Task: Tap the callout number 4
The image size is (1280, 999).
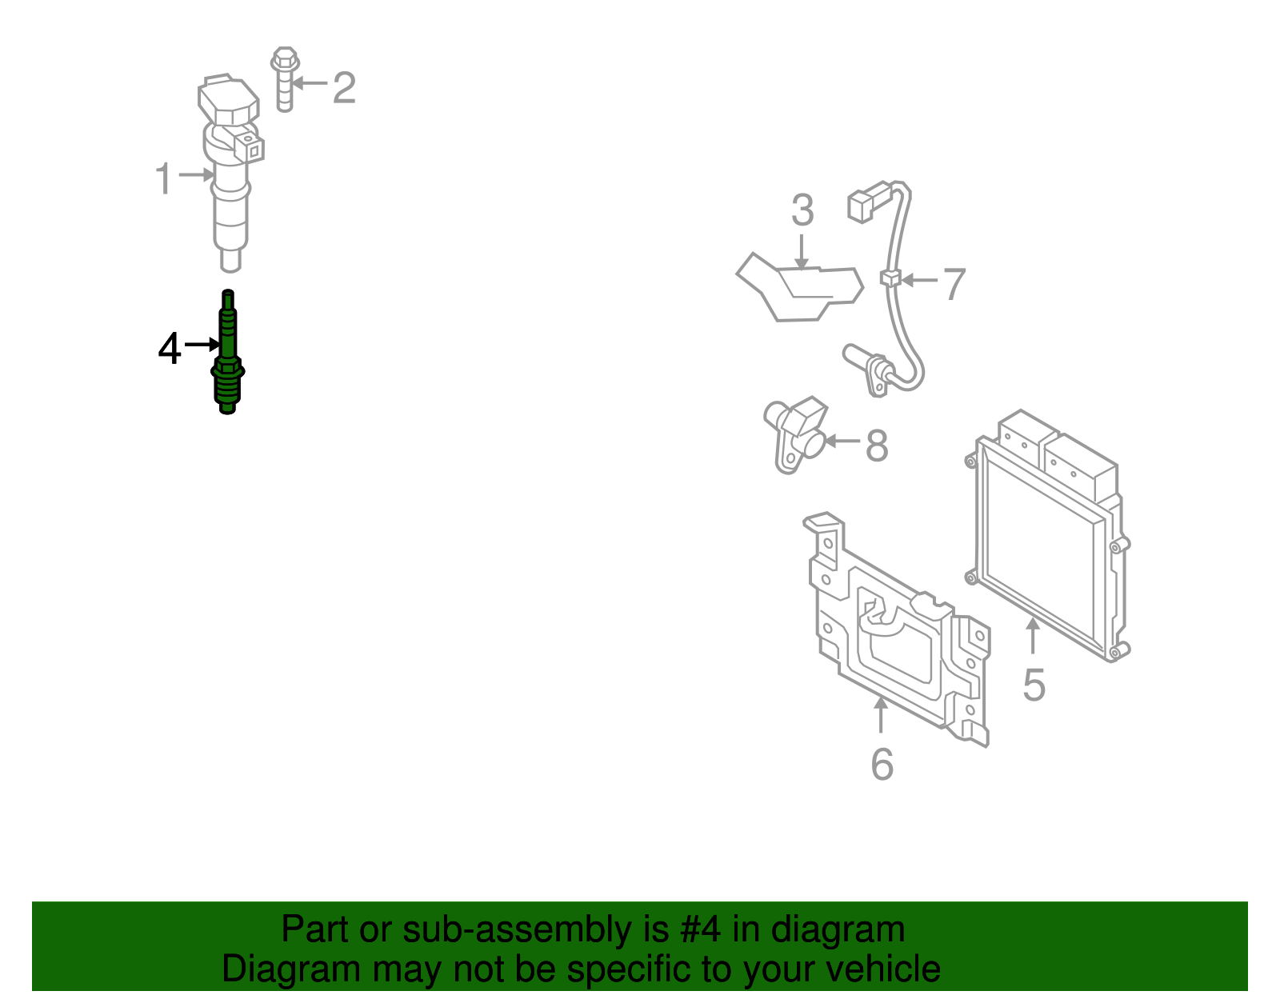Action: pyautogui.click(x=170, y=349)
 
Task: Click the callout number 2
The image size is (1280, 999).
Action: pyautogui.click(x=344, y=87)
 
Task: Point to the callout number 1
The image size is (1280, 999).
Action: pyautogui.click(x=163, y=178)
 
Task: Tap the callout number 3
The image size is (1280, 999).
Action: pyautogui.click(x=802, y=210)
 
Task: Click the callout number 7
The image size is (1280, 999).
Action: pyautogui.click(x=954, y=284)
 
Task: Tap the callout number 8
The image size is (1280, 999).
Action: pyautogui.click(x=877, y=446)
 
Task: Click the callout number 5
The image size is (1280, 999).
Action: pyautogui.click(x=1034, y=685)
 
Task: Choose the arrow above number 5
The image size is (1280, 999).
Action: pyautogui.click(x=1033, y=637)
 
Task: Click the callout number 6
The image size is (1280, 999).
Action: pyautogui.click(x=882, y=764)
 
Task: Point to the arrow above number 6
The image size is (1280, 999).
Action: pyautogui.click(x=881, y=715)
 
